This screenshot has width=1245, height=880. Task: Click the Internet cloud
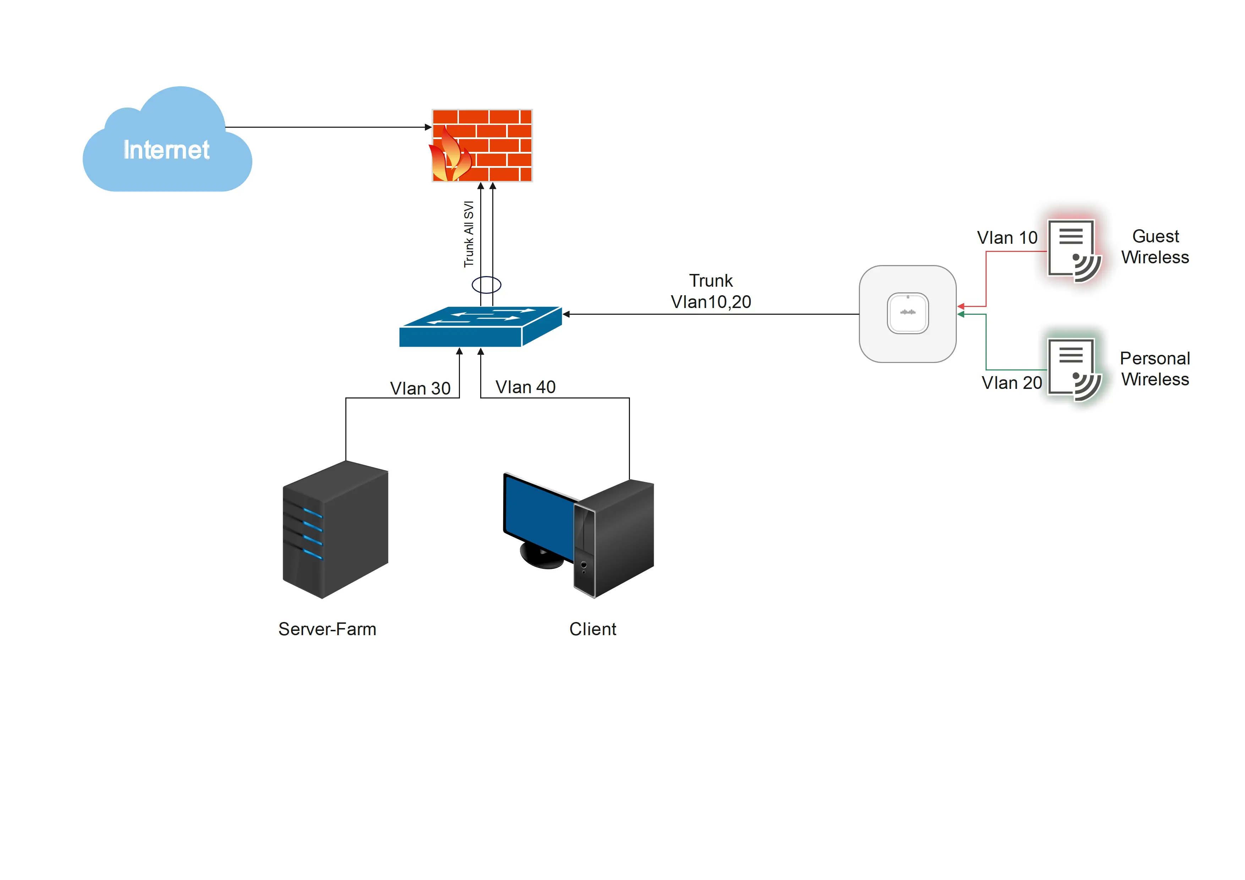167,144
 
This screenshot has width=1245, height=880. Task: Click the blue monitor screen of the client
538,515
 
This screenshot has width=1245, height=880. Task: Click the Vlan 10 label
1007,237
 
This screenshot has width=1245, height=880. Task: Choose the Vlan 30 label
420,388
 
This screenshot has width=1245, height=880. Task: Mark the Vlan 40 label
526,387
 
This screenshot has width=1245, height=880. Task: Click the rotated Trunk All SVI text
468,234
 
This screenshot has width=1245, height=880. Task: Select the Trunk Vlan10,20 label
711,291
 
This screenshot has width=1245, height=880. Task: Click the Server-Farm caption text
327,629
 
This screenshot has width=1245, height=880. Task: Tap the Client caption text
593,629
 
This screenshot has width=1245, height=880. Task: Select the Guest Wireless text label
1155,247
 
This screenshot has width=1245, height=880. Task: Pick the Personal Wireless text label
1155,369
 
